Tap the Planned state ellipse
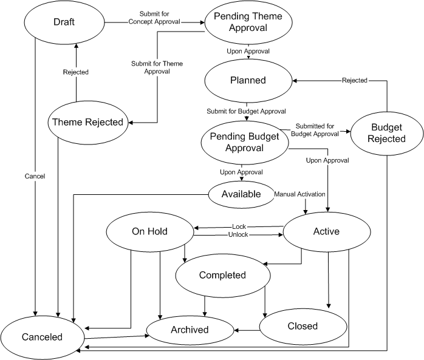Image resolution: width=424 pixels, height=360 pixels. tap(247, 80)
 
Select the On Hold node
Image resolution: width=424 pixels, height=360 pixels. tap(149, 231)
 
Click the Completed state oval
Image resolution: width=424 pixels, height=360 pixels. tap(222, 276)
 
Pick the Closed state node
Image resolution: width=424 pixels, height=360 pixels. tap(303, 326)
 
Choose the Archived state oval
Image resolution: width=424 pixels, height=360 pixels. tap(190, 330)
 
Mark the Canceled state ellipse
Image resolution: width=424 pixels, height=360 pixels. tap(42, 336)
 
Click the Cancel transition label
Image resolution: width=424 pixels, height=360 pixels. tap(36, 176)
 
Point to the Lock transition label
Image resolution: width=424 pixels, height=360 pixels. tap(239, 226)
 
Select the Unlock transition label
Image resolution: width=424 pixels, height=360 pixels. tap(238, 234)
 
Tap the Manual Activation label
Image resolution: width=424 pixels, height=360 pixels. tap(300, 194)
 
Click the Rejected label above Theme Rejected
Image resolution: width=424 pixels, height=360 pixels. tap(76, 72)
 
